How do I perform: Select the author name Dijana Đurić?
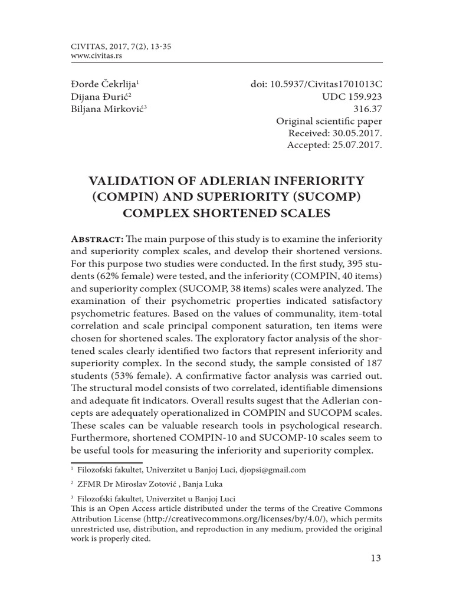99,98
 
